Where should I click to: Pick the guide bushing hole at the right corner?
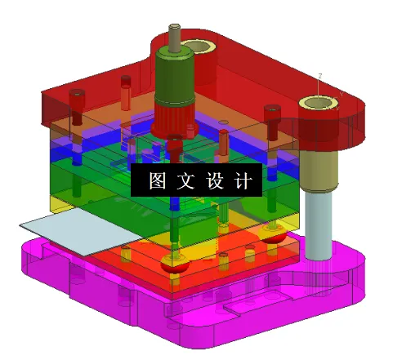(319, 103)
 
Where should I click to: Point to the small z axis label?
(320, 75)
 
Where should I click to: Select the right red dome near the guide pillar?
(274, 238)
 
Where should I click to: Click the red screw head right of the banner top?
(271, 110)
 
